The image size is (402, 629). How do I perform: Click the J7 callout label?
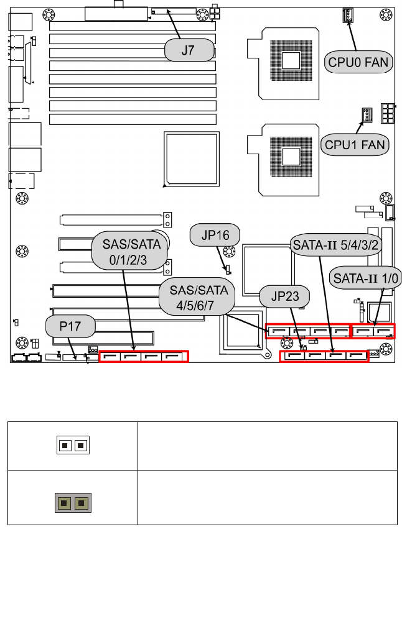point(188,51)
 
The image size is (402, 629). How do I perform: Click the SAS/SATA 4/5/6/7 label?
point(194,297)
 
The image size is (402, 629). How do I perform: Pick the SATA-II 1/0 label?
point(362,277)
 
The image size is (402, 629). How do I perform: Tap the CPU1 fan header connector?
point(367,115)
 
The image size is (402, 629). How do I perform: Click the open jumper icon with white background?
point(73,445)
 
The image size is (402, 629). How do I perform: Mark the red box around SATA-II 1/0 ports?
point(373,331)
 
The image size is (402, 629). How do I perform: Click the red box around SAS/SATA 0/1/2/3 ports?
point(144,357)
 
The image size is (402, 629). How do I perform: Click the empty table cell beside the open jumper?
point(267,445)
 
